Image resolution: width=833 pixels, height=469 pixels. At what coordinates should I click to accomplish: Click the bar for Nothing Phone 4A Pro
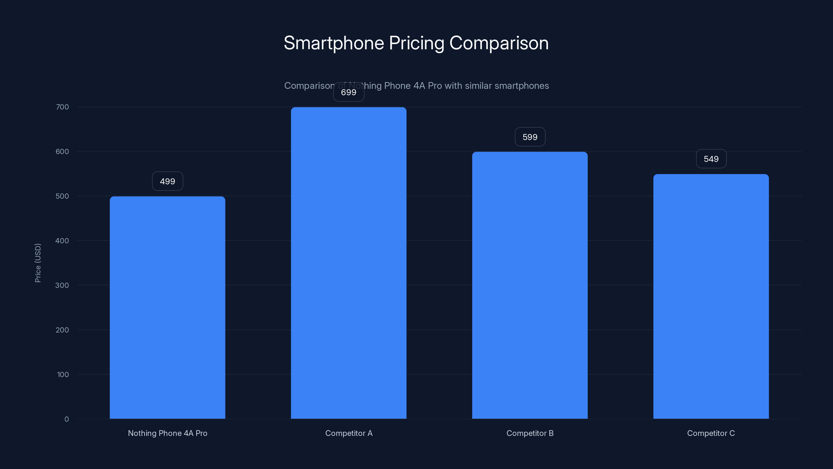pos(167,307)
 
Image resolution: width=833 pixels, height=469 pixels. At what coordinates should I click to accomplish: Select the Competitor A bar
pos(349,263)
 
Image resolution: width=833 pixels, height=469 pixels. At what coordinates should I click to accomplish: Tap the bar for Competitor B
pos(530,285)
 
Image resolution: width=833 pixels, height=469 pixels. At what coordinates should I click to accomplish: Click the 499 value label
pos(167,181)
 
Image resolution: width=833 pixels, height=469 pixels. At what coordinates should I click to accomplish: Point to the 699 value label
pos(349,92)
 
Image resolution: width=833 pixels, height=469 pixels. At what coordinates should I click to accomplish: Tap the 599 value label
pos(530,137)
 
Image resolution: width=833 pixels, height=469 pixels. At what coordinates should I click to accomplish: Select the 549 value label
pos(711,159)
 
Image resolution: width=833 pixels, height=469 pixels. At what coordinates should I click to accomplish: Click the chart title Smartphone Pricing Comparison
pos(416,43)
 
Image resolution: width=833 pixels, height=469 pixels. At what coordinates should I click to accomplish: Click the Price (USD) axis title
pos(38,263)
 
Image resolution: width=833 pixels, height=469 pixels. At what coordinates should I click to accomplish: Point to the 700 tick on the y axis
pos(62,107)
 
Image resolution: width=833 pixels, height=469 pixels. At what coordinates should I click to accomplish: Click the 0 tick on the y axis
pos(67,419)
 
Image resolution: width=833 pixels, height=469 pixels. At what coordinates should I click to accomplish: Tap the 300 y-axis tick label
pos(62,285)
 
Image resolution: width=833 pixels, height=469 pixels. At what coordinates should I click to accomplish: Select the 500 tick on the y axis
pos(62,196)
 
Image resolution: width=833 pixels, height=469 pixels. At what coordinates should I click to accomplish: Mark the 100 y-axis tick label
pos(63,374)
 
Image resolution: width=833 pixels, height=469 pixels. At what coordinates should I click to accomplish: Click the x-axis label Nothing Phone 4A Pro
pos(167,433)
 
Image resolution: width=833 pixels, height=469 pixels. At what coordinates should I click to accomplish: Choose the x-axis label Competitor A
pos(349,433)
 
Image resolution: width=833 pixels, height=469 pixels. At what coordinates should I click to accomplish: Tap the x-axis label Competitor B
pos(530,433)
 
